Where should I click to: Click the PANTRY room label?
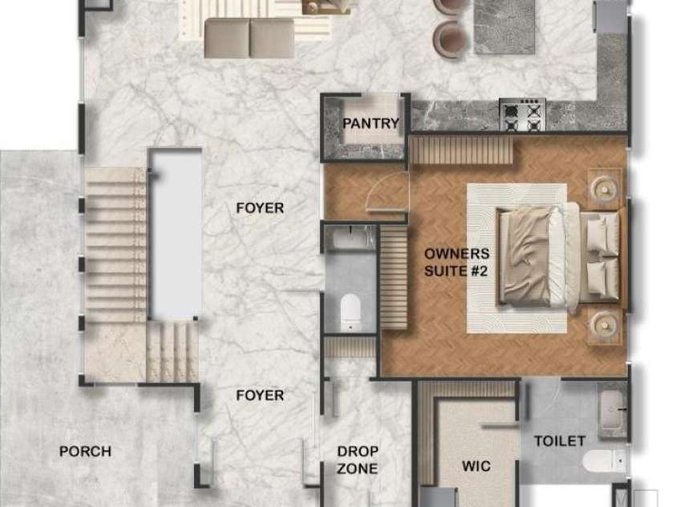tap(370, 124)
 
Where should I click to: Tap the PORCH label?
tap(85, 452)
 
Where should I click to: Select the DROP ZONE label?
tap(358, 460)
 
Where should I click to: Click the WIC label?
tap(476, 466)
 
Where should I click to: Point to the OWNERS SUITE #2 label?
tap(457, 262)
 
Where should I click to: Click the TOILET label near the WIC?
tap(560, 441)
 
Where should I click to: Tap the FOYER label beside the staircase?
tap(260, 209)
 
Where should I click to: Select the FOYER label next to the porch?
tap(260, 395)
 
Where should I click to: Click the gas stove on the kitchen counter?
tap(523, 114)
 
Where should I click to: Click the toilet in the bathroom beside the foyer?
tap(350, 312)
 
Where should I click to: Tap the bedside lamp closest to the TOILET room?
tap(605, 323)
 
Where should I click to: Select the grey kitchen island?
tap(504, 26)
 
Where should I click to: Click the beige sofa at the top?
tap(249, 38)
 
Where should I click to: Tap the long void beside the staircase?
tap(176, 234)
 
